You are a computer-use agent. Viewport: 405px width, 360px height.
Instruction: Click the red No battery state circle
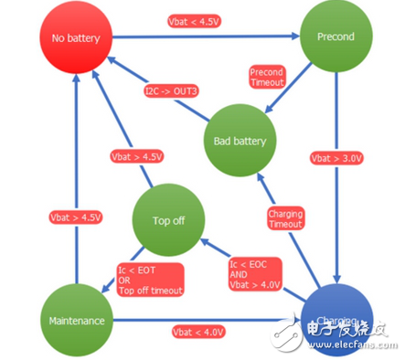pos(76,39)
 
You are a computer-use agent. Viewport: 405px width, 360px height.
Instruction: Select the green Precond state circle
pos(336,38)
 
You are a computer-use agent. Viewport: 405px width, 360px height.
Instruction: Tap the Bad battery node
pos(239,141)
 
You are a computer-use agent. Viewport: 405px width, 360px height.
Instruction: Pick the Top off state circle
pos(165,219)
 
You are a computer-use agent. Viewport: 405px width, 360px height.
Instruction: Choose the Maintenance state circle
pos(76,320)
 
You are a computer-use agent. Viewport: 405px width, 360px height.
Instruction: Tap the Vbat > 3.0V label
pos(336,157)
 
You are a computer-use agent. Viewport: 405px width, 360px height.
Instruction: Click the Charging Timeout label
pos(285,218)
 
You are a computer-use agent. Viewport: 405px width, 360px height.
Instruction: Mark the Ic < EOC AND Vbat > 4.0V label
pos(253,272)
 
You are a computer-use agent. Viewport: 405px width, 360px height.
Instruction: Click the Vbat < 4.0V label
pos(197,332)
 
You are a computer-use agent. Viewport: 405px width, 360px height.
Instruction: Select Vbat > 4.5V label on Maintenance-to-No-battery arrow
pos(74,218)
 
